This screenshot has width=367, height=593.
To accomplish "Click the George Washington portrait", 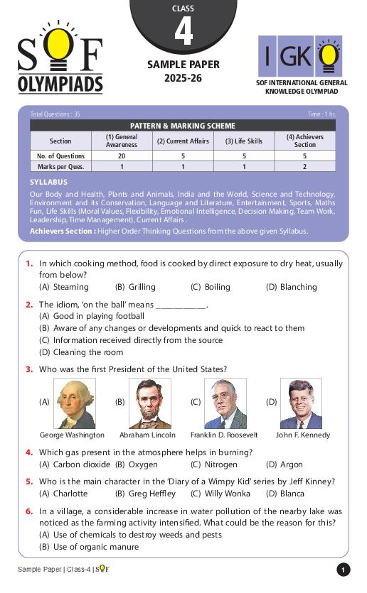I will pyautogui.click(x=75, y=403).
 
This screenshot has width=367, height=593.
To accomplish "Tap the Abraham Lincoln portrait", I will pyautogui.click(x=149, y=403).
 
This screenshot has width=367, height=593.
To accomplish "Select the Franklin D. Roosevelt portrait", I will pyautogui.click(x=225, y=403).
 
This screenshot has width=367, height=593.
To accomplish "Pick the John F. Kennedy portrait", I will pyautogui.click(x=300, y=403).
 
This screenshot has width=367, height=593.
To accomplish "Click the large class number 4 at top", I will pyautogui.click(x=183, y=32).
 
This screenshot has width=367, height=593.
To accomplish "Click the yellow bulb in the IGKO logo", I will pyautogui.click(x=328, y=55).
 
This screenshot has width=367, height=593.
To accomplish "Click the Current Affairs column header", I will pyautogui.click(x=183, y=141).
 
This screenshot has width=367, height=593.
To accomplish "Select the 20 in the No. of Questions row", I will pyautogui.click(x=122, y=156).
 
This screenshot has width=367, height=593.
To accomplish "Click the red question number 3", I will pyautogui.click(x=29, y=369).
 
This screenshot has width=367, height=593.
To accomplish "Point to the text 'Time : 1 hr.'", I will pyautogui.click(x=321, y=114).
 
